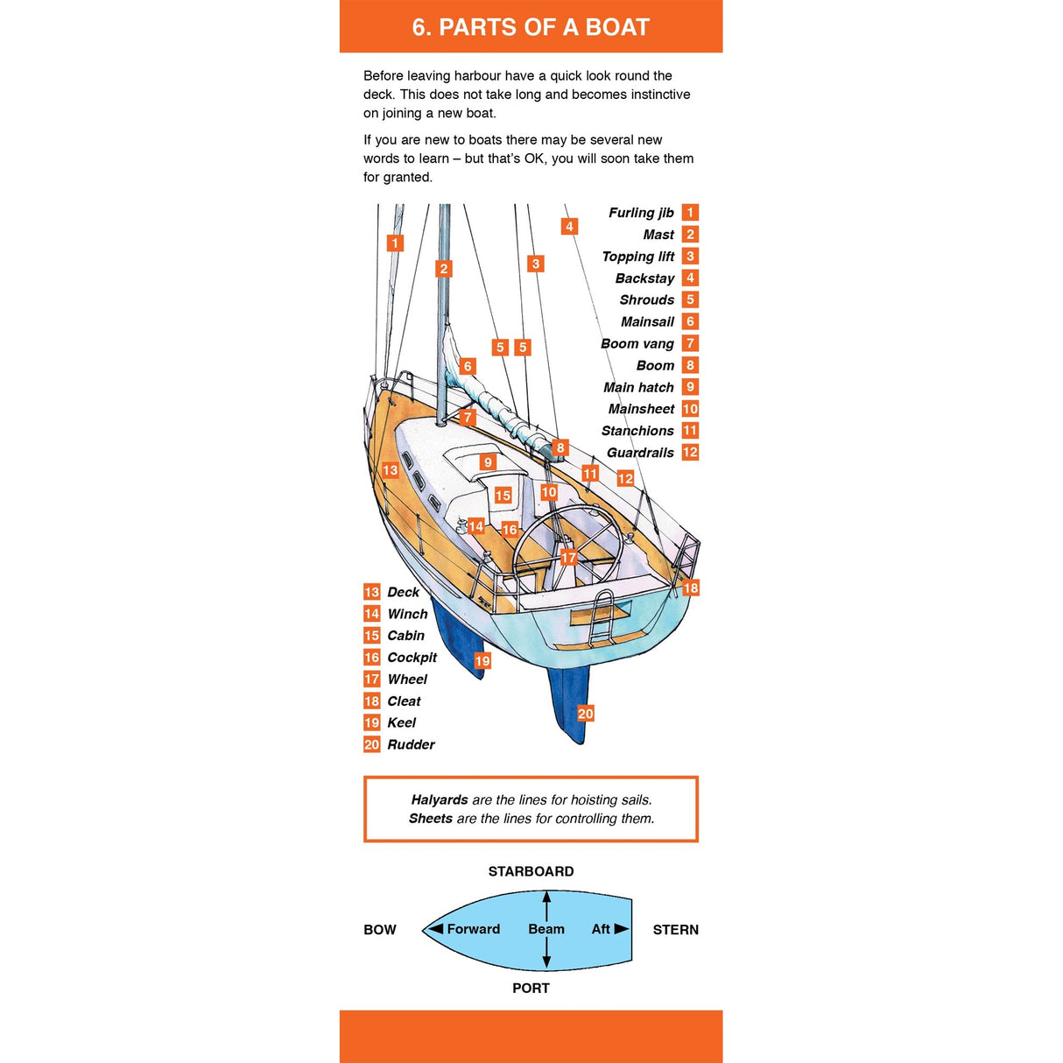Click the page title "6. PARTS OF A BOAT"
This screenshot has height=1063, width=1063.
pos(531,27)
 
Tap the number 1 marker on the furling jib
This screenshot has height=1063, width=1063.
pos(396,243)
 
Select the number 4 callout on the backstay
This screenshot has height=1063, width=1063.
pos(569,227)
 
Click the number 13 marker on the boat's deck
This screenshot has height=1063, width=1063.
pos(390,470)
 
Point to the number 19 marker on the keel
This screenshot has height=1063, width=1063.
pos(482,660)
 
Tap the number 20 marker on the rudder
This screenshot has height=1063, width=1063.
pos(585,714)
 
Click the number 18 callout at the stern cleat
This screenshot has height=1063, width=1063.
pos(691,588)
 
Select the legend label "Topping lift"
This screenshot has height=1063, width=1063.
pos(637,257)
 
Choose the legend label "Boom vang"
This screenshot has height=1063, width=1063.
pos(637,343)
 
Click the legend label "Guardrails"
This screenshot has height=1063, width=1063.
pos(640,453)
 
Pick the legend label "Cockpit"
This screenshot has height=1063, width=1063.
pos(412,658)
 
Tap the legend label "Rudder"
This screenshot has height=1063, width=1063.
pos(411,744)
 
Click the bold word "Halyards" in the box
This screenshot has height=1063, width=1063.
pos(440,799)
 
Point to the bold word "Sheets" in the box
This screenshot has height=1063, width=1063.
pos(431,819)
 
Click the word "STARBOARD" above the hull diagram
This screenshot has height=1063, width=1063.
pos(531,871)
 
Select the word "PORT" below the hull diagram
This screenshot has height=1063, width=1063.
pos(531,988)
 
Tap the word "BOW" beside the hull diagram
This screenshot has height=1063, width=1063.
pos(380,930)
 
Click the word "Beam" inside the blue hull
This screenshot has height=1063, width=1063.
pos(546,929)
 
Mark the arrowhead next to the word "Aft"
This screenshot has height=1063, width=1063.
pos(622,929)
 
